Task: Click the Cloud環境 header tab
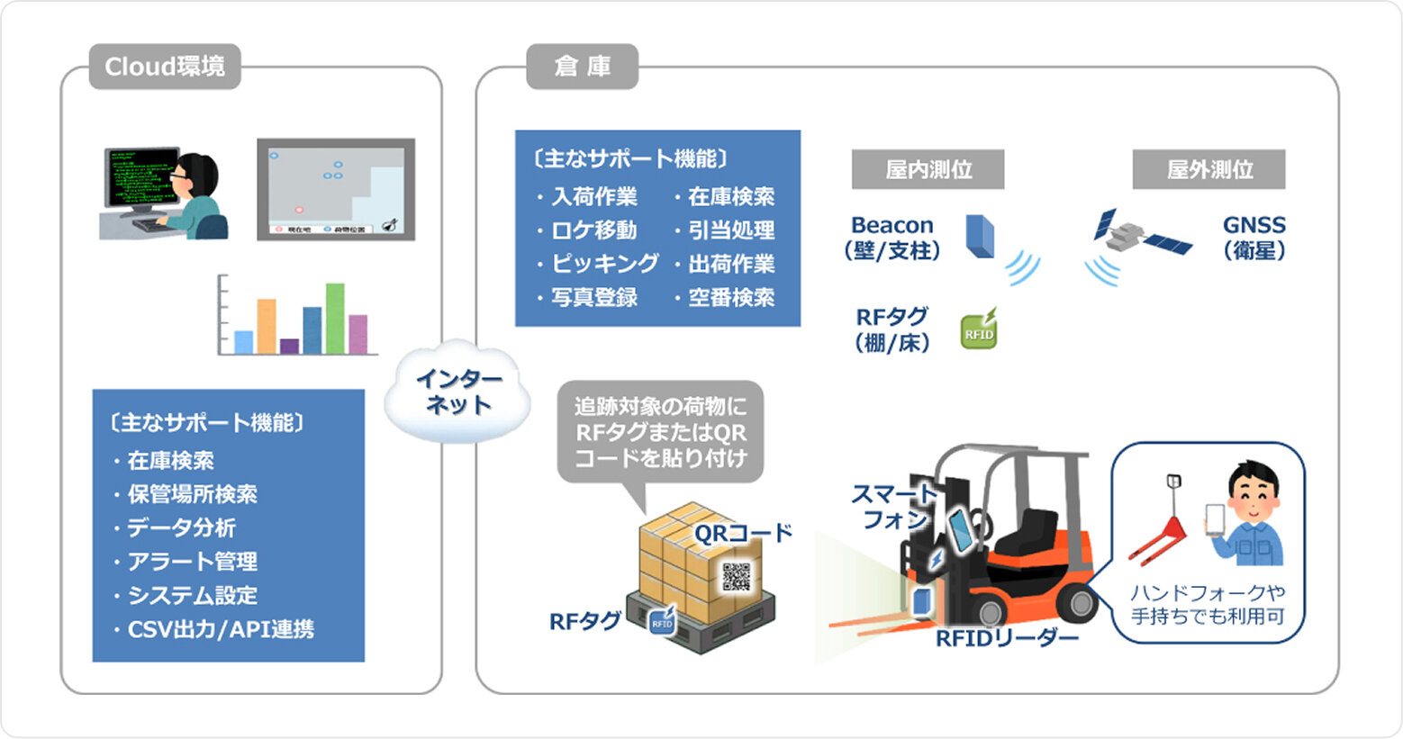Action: (165, 67)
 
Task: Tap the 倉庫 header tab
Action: (582, 67)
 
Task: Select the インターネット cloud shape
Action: (457, 392)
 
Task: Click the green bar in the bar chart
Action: (335, 319)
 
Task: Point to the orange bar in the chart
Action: (267, 326)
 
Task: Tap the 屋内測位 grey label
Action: (928, 169)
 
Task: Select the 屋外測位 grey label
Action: (1208, 169)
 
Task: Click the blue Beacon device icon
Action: (980, 236)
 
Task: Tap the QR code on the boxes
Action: (736, 576)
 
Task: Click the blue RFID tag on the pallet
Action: (663, 621)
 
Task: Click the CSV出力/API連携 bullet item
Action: (221, 629)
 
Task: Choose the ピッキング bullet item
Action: (604, 264)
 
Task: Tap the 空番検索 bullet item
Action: (730, 298)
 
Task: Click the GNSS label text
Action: (1254, 225)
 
